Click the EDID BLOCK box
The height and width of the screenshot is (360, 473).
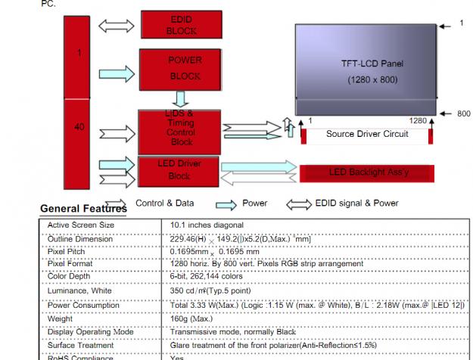(x=182, y=24)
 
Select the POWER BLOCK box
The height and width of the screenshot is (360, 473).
(x=182, y=68)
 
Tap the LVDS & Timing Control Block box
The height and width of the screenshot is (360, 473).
(x=179, y=128)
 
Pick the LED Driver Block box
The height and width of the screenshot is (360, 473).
(x=179, y=170)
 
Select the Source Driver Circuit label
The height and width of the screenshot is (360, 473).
(x=367, y=134)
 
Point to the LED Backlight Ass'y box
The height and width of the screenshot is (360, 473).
(x=368, y=172)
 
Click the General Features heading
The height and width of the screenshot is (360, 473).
(x=82, y=209)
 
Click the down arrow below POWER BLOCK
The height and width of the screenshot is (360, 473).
(x=180, y=99)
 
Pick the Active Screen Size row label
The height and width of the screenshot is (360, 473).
(x=81, y=225)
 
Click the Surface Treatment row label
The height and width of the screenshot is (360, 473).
(x=82, y=345)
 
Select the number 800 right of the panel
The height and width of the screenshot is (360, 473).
(x=464, y=113)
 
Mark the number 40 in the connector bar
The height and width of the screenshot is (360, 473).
(x=79, y=127)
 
